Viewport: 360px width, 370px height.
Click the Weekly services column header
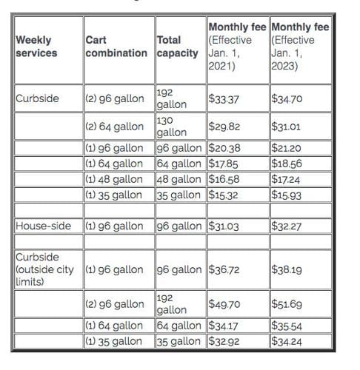38,47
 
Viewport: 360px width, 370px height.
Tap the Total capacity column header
178,47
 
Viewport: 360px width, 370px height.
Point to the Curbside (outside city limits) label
45,269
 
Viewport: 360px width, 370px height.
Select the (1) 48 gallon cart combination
114,179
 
